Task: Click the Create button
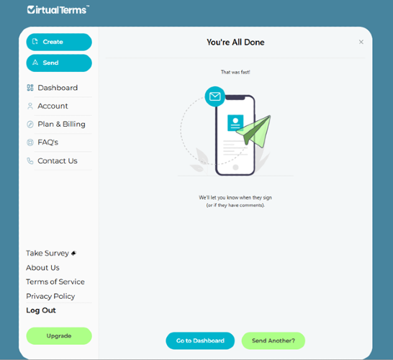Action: click(x=59, y=42)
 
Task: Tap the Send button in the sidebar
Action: click(x=59, y=63)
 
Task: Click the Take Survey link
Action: click(x=51, y=253)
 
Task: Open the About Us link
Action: click(x=43, y=268)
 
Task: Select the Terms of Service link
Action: click(x=55, y=282)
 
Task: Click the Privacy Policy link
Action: click(x=50, y=297)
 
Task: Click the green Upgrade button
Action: click(x=59, y=336)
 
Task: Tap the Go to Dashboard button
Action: click(x=200, y=341)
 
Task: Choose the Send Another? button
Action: click(x=274, y=341)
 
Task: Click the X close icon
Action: click(x=361, y=42)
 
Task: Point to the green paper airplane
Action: click(x=254, y=131)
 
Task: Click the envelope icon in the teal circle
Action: click(x=214, y=96)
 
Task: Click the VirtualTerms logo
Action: click(x=58, y=10)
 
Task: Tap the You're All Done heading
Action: click(x=235, y=42)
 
